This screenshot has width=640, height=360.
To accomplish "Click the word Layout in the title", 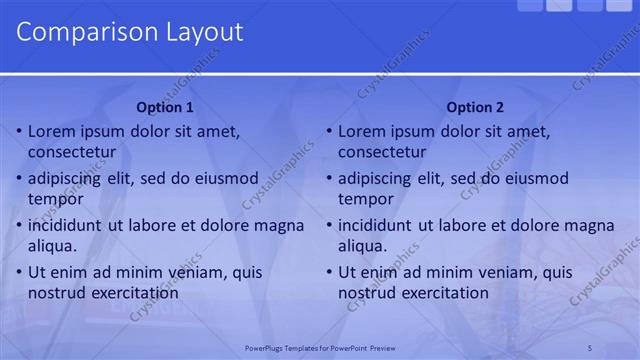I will (x=199, y=31).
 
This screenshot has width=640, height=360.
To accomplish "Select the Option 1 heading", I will (x=165, y=108).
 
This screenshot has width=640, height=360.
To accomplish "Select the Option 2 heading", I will (x=475, y=108).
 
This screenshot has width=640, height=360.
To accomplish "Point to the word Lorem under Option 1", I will (x=53, y=131).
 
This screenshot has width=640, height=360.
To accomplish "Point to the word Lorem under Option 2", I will (x=363, y=131).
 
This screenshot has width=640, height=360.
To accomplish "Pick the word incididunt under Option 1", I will (x=68, y=225).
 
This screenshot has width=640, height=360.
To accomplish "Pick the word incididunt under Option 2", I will (x=378, y=225).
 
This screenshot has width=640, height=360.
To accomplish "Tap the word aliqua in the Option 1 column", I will (x=53, y=245).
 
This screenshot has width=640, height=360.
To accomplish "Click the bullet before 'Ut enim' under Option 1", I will (x=18, y=273).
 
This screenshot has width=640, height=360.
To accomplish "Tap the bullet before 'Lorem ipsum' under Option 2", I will (x=328, y=132).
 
